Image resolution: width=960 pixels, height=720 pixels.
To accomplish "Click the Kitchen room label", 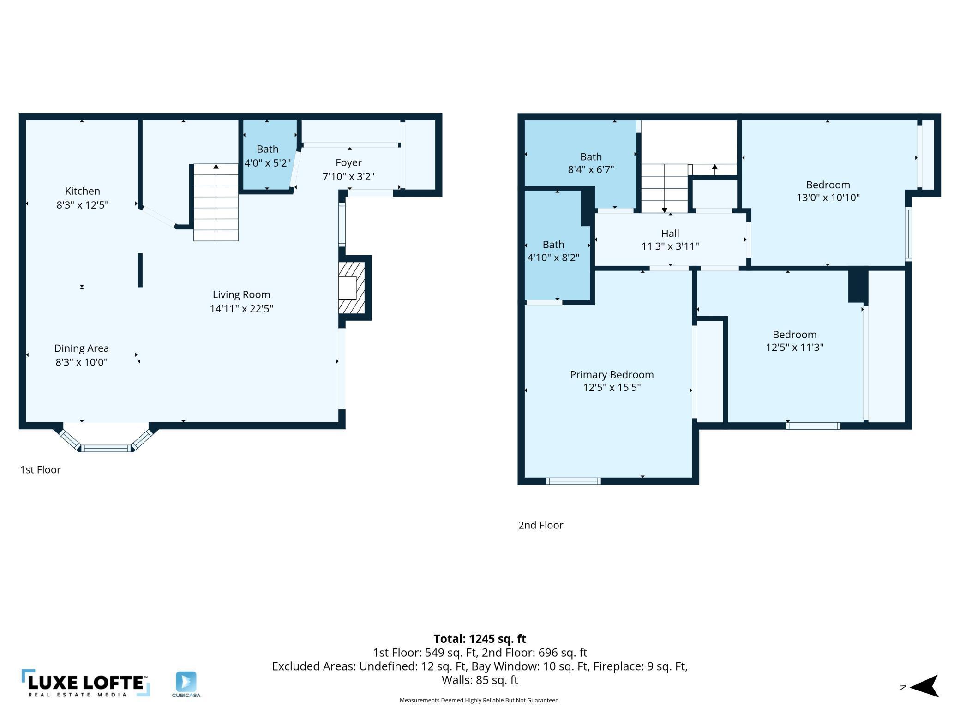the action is pos(82,191).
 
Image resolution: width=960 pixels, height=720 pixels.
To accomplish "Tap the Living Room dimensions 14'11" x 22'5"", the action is pos(241,308).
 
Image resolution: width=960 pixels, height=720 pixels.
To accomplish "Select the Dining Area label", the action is pos(82,348).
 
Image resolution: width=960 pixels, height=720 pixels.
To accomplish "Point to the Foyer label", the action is pos(348,163).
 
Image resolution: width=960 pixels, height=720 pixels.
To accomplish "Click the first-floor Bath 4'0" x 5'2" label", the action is pos(268,156).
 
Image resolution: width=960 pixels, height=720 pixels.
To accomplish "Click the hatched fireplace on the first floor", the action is pos(352,288).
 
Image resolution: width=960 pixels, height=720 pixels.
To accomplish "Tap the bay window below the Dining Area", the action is pos(106,439).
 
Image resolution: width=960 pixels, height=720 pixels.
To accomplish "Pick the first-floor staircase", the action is pos(216,202).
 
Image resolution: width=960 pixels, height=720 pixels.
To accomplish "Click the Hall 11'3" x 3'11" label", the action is pos(670,240).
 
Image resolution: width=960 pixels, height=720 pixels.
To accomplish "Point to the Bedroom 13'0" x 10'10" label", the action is pos(828,191).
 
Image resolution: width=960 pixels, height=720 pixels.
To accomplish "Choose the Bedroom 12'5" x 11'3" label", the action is pos(795,341).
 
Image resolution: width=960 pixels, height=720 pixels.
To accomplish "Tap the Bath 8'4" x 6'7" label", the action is pos(591,163).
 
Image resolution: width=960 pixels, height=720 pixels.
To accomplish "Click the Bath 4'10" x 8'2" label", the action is pos(553,251).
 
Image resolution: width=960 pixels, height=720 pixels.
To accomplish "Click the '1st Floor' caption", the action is pos(41,470).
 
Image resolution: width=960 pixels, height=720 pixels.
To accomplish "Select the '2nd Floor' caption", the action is pos(540,525).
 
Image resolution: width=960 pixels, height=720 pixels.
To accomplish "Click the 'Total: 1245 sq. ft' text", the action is pos(480,639).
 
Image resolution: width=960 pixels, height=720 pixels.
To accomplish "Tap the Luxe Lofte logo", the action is pos(86,683).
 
